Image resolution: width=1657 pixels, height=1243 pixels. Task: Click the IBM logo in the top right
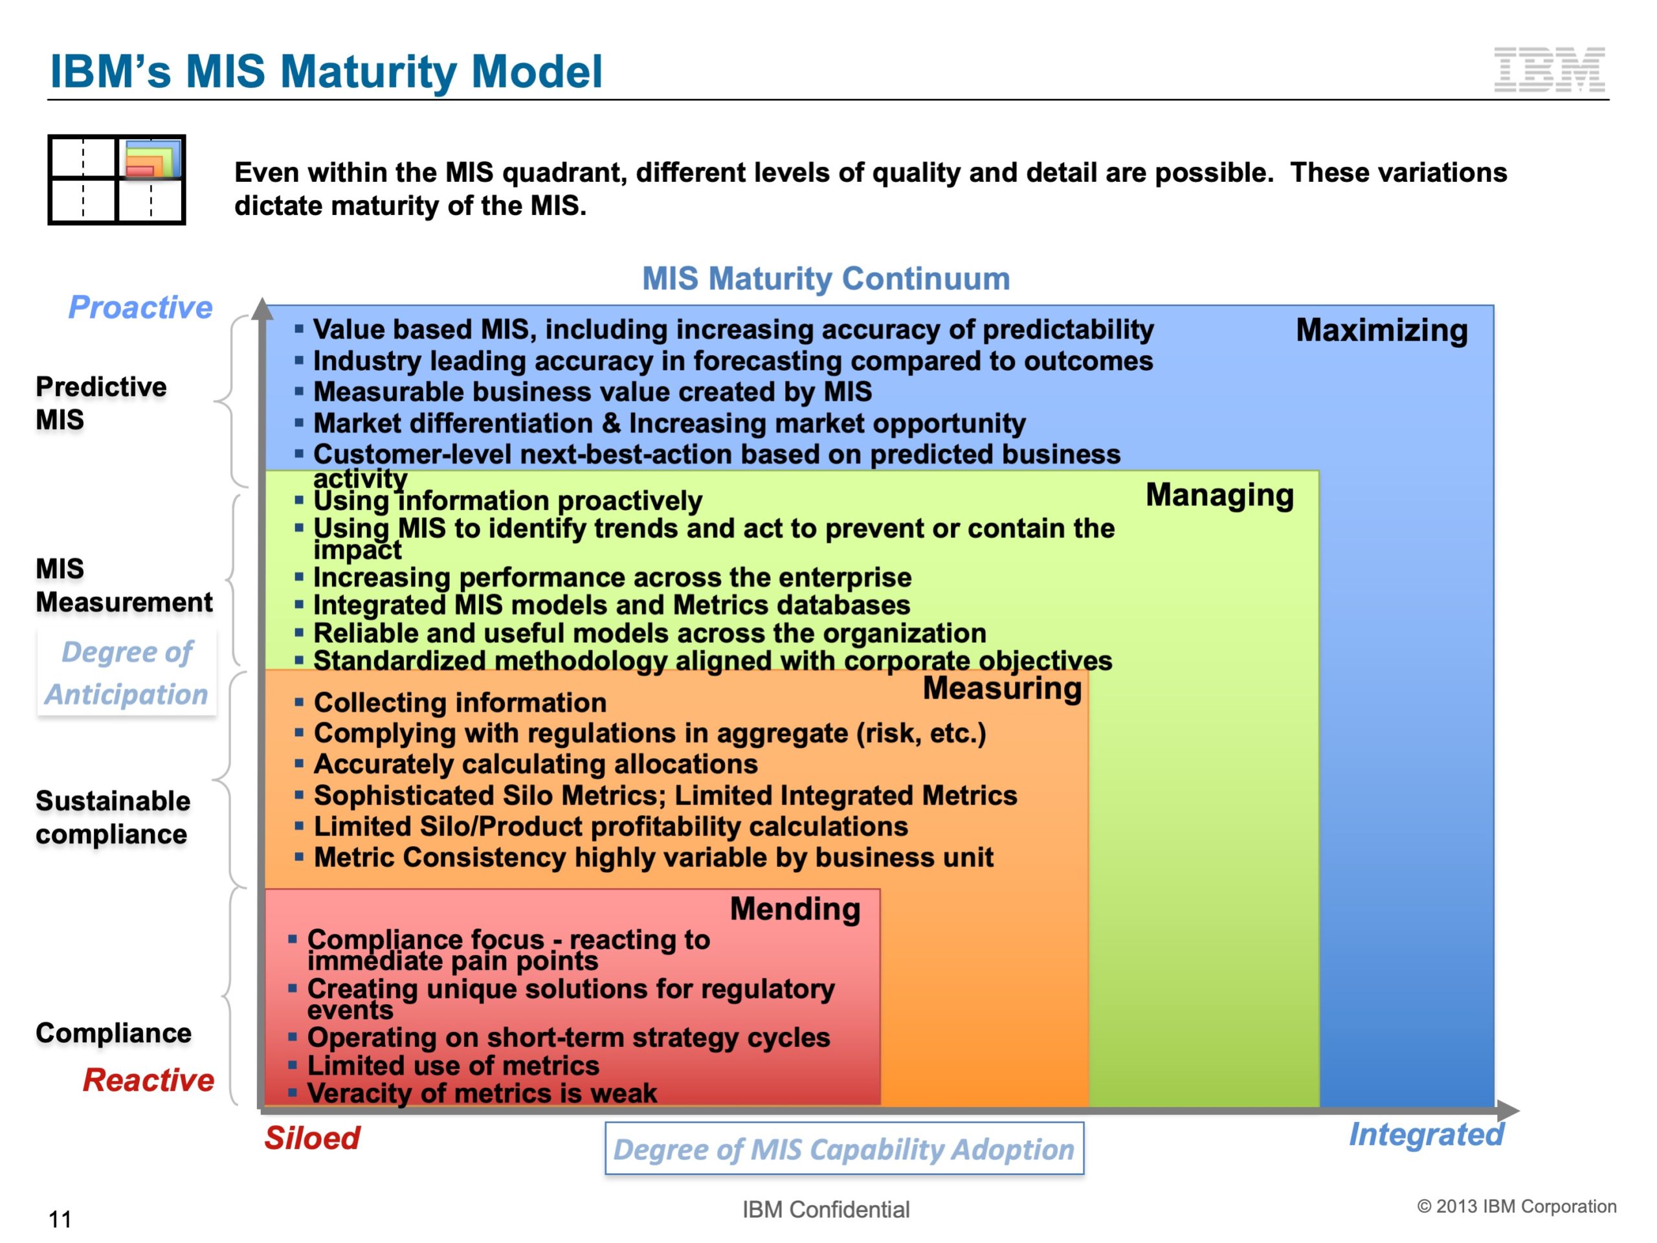(1549, 70)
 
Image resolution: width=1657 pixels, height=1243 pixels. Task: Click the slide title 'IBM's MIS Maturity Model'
(326, 72)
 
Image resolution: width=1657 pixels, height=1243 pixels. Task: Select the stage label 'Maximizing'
(1381, 330)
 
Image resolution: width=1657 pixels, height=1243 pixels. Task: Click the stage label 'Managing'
(1219, 495)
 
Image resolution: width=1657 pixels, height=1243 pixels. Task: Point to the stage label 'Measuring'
(1001, 688)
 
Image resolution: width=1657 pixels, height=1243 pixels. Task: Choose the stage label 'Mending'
(795, 909)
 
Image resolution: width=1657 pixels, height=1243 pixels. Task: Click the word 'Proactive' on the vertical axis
(140, 308)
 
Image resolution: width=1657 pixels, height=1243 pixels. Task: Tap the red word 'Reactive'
(148, 1080)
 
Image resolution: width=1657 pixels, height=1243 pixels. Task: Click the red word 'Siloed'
(311, 1138)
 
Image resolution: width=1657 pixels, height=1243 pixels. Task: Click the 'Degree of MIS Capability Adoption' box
(844, 1148)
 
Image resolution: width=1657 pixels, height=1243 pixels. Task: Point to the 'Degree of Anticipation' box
(127, 673)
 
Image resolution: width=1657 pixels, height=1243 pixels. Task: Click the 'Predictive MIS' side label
(101, 403)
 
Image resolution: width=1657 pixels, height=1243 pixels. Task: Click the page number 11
(60, 1220)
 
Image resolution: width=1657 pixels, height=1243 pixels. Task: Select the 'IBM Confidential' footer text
(825, 1209)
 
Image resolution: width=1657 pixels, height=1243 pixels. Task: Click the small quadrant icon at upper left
(116, 180)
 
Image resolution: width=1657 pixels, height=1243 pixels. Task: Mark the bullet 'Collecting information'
(459, 703)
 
